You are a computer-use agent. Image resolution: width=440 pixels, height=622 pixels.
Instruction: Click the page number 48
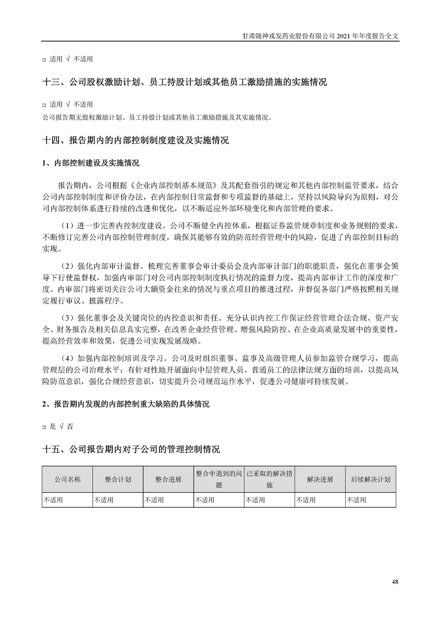395,582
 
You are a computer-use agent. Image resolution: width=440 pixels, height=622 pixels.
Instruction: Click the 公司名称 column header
67,480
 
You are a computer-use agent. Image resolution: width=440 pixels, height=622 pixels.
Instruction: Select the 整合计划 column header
118,480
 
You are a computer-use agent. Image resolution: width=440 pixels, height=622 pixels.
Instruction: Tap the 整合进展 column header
168,480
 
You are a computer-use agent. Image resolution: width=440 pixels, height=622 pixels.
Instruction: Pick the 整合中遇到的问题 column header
219,480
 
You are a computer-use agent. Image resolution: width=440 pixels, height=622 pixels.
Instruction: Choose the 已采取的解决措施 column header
269,480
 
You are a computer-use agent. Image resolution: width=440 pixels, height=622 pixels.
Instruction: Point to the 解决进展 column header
320,480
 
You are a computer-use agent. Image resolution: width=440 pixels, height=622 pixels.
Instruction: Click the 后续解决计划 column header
370,480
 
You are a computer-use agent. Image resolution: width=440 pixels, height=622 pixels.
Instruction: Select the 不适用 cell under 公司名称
54,500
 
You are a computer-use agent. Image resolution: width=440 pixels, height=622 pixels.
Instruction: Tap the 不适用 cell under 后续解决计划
357,500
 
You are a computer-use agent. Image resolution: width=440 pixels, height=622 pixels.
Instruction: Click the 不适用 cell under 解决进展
306,500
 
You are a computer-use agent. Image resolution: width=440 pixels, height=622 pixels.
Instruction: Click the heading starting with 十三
184,82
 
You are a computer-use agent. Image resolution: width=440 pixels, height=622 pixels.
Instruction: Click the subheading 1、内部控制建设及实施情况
90,164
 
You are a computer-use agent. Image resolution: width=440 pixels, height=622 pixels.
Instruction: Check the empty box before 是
44,427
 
